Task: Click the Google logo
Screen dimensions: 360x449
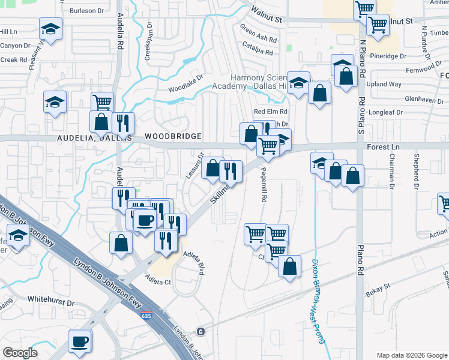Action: pos(20,353)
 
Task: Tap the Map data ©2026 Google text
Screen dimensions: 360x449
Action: pos(411,355)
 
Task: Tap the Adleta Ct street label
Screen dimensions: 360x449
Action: pos(158,279)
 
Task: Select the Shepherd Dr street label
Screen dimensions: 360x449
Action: pos(416,170)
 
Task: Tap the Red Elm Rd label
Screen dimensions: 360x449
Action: pos(271,112)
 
